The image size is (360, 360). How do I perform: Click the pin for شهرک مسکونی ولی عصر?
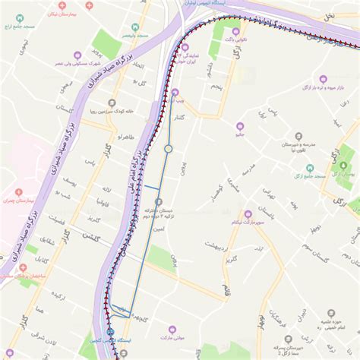[x=76, y=54]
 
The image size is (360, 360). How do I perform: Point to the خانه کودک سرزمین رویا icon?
[x=112, y=103]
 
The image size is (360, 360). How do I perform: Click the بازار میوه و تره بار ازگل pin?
[x=323, y=78]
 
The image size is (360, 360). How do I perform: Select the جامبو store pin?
[x=240, y=127]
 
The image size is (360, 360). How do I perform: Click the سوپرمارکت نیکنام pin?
[x=248, y=214]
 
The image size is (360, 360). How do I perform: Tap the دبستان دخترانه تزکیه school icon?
[x=159, y=201]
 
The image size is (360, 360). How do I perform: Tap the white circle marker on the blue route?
[x=169, y=149]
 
